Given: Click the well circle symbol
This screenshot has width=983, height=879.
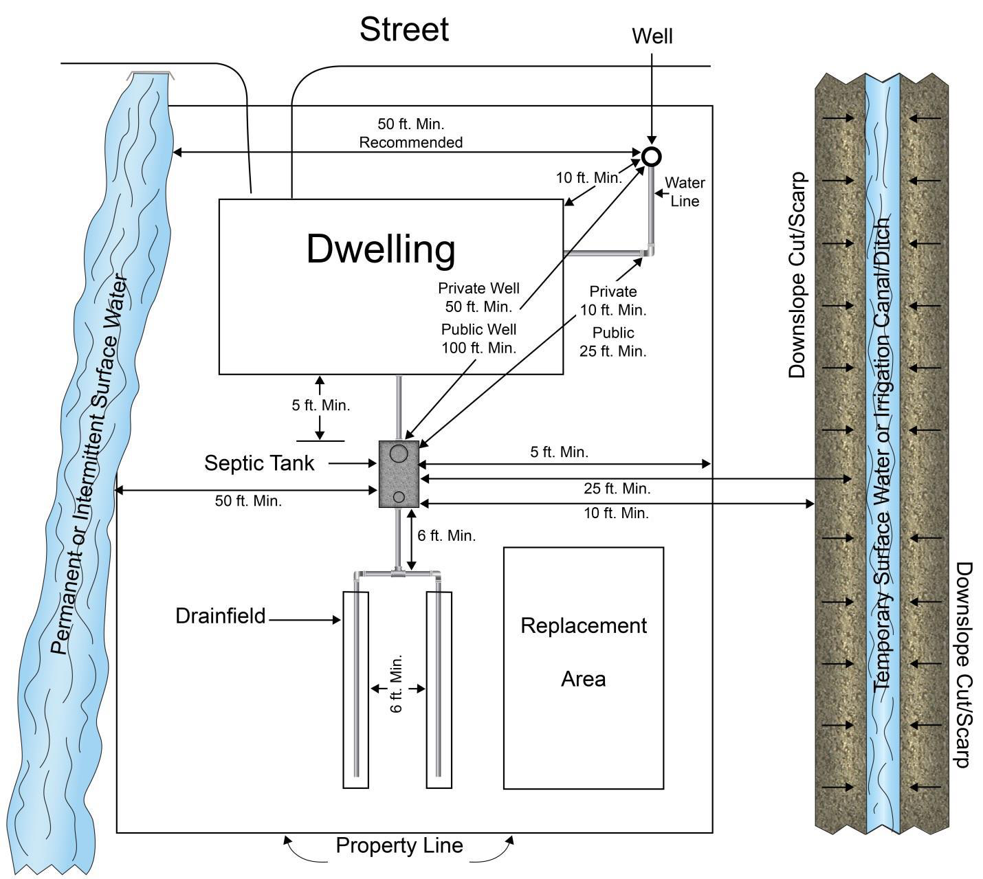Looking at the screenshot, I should coord(651,157).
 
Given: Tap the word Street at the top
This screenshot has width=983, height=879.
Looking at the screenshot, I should coord(404,30).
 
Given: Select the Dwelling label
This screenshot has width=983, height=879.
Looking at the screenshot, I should coord(381,249).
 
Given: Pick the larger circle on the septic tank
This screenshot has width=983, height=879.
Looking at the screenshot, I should coord(399,453).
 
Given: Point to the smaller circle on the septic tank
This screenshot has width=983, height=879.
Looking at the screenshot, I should coord(399,497).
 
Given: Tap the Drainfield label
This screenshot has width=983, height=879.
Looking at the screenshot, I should coord(220,616).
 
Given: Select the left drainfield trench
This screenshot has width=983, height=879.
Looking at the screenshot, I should coord(355,689).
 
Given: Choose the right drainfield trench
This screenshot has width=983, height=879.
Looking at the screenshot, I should coord(439,689).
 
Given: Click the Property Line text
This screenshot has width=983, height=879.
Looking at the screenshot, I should coord(399,845).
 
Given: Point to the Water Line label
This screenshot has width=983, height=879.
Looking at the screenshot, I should coord(685,192).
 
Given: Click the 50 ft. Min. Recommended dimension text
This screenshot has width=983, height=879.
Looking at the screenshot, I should coord(410,133).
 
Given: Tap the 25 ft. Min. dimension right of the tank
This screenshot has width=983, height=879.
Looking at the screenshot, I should coord(617,489).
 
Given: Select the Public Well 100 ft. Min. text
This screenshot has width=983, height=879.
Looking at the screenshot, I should coord(478,339).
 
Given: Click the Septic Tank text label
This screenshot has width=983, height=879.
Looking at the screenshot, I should coord(259,463).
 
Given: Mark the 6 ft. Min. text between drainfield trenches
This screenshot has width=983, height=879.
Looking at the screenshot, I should coord(397,683).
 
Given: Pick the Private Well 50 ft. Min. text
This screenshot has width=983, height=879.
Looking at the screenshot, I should coord(478,297).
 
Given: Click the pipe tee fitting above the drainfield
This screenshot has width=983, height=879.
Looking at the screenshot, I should coord(397,572).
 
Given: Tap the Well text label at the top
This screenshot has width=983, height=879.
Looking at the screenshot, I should coord(652,36).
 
